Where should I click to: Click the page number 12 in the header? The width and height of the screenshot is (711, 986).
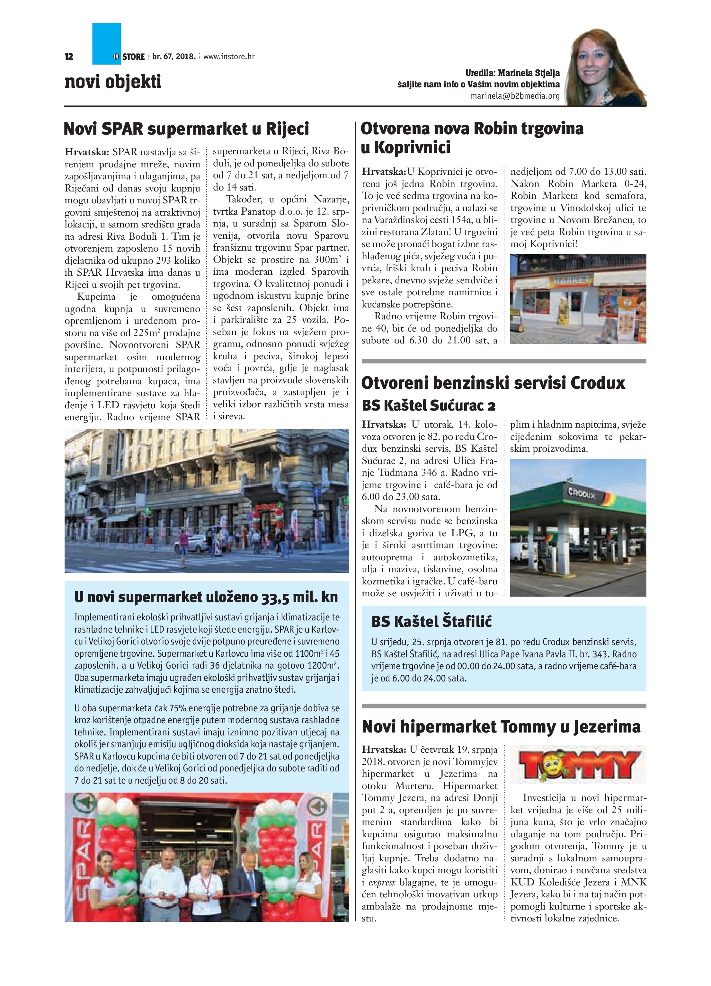point(69,57)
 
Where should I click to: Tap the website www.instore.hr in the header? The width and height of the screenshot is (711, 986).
point(229,57)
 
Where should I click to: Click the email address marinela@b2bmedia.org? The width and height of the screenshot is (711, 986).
point(515,96)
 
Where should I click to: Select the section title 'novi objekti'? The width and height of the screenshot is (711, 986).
point(113,82)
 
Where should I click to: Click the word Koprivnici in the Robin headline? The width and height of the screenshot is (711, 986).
point(412,148)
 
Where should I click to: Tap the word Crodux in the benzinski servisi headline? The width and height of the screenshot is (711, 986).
point(597,383)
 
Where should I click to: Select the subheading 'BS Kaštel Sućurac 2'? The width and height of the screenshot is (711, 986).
point(428,406)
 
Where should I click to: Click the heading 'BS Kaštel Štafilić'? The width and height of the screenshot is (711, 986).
point(431,621)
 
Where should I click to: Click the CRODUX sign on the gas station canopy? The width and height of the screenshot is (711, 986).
point(583,494)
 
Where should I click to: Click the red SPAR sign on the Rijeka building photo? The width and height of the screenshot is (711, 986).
point(266,507)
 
